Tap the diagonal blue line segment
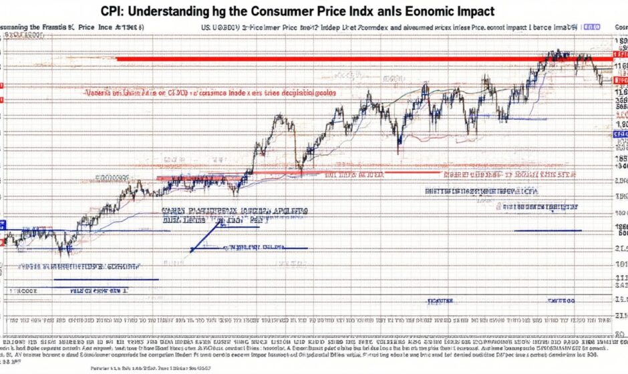[x=206, y=236]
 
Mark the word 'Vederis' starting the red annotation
[x=100, y=94]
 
